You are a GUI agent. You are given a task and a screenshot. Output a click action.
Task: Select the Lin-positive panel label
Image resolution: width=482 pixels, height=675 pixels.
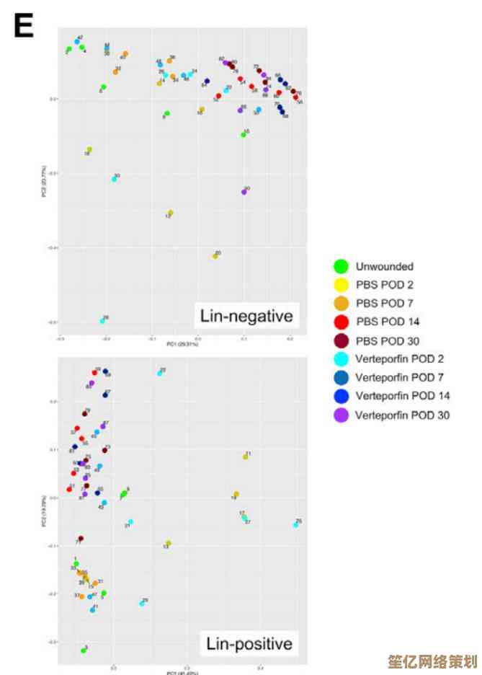[x=249, y=643]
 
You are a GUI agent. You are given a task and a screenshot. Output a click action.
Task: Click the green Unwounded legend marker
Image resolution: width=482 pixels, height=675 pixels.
[x=342, y=266]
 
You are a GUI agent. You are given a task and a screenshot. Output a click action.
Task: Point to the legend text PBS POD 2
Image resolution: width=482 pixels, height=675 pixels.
[x=384, y=285]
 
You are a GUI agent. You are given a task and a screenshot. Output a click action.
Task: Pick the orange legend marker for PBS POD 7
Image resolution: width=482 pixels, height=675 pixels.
[x=342, y=304]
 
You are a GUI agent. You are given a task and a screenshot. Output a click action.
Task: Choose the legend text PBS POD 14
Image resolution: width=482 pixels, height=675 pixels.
[x=387, y=322]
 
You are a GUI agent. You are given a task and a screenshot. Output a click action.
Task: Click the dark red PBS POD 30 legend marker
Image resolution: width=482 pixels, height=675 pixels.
[x=342, y=340]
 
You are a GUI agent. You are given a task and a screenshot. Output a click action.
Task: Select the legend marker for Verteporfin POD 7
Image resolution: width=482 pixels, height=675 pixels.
[x=342, y=377]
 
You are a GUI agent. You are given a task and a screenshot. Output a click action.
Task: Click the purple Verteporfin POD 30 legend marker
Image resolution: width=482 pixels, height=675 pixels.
[x=342, y=415]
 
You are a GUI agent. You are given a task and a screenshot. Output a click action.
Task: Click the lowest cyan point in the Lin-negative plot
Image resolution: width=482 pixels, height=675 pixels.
[x=102, y=321]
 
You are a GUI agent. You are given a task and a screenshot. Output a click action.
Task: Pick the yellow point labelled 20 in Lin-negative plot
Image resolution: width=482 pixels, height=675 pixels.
[x=215, y=256]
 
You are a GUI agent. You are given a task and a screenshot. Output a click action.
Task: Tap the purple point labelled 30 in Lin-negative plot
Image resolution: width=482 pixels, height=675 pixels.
[x=244, y=191]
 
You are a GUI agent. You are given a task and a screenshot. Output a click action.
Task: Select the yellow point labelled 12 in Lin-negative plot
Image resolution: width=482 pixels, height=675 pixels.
[x=170, y=213]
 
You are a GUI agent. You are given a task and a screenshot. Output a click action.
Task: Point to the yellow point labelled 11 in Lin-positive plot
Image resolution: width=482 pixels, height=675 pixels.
[x=246, y=456]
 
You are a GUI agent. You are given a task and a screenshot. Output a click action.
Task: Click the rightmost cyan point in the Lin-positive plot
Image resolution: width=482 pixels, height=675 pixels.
[x=296, y=525]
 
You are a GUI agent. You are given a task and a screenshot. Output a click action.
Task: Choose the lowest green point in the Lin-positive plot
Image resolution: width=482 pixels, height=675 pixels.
[x=84, y=650]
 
